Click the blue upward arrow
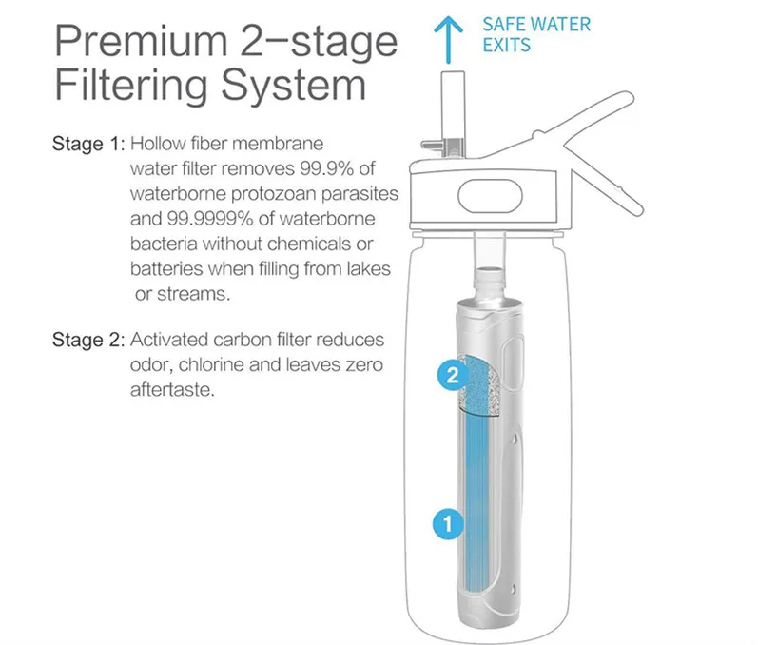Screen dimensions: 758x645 pos(448,40)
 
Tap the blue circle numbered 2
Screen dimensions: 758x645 pos(453,375)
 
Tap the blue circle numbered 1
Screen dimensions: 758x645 pos(448,523)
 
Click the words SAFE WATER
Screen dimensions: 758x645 pos(536,24)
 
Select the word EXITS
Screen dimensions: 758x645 pos(506,45)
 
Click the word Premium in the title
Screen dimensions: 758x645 pos(141,42)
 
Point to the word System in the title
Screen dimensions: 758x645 pos(294,86)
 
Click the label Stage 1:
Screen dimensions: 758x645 pos(88,144)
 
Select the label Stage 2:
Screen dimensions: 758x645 pos(88,340)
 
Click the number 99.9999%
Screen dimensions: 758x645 pos(210,219)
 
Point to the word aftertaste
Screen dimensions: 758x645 pos(171,390)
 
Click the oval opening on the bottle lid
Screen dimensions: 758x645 pos(490,196)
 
